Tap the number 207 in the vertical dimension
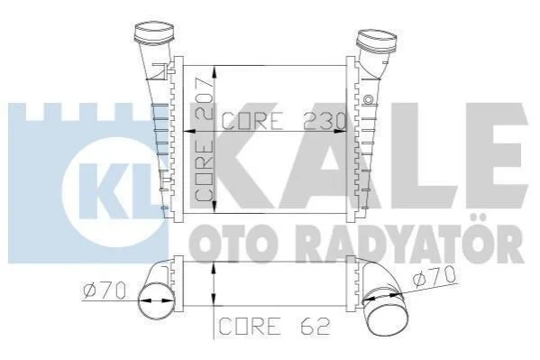[203, 98]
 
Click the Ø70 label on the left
[105, 291]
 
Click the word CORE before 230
[252, 121]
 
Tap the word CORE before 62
[250, 326]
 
